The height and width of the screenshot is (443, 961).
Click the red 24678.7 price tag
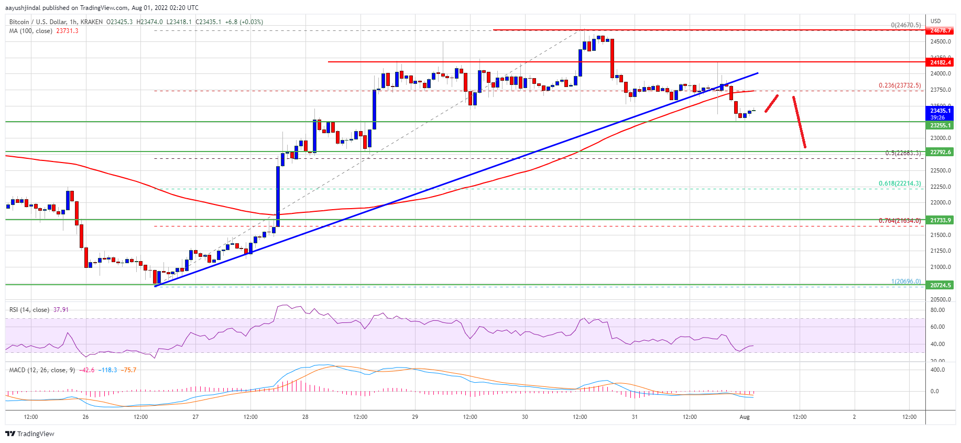click(940, 31)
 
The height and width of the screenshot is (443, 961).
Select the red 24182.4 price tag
click(940, 62)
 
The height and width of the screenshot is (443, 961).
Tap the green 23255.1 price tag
click(940, 126)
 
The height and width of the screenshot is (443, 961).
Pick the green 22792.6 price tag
click(940, 152)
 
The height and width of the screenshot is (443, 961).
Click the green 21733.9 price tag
click(940, 220)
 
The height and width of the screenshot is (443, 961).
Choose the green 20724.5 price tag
click(940, 285)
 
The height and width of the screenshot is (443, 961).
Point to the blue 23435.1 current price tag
click(940, 111)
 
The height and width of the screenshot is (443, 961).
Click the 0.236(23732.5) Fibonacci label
click(899, 85)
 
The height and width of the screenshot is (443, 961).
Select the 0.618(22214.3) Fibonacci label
click(899, 183)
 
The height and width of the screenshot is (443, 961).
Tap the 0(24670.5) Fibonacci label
click(905, 25)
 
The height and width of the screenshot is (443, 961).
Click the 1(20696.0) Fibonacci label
click(905, 282)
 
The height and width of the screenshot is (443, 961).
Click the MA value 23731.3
click(67, 31)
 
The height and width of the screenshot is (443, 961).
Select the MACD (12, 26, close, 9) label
click(43, 370)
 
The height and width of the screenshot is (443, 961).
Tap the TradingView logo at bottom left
click(30, 434)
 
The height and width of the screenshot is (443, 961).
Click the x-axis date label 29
click(415, 417)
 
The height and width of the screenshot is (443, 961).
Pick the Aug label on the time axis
click(745, 417)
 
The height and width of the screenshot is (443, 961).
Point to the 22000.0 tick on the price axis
click(940, 203)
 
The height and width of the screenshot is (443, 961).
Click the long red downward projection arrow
click(799, 122)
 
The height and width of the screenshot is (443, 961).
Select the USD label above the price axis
click(935, 21)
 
